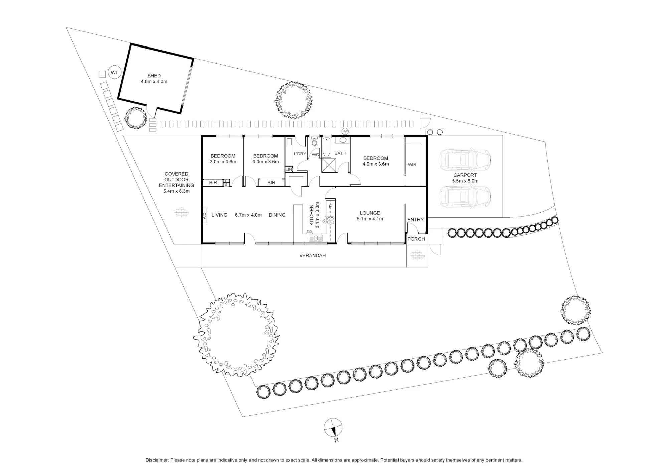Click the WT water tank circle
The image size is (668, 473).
[x=115, y=72]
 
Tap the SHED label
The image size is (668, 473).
[x=154, y=76]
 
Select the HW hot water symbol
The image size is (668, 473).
[x=345, y=131]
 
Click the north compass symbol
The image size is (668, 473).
[x=333, y=428]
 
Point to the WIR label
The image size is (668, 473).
[x=412, y=165]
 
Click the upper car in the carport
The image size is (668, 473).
[x=465, y=159]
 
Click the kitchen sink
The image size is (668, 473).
[x=316, y=238]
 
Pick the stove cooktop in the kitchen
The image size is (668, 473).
[x=330, y=220]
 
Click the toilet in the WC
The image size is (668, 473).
[x=314, y=142]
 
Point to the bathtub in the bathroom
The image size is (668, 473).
[x=326, y=147]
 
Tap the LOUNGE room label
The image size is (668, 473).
[x=370, y=213]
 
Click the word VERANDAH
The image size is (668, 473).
[x=312, y=256]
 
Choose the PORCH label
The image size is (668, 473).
[x=416, y=239]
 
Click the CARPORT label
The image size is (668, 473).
[x=465, y=175]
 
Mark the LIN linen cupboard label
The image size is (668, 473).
[x=289, y=170]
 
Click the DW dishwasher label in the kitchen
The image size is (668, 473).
[x=310, y=232]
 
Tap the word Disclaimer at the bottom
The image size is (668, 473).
[x=157, y=460]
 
